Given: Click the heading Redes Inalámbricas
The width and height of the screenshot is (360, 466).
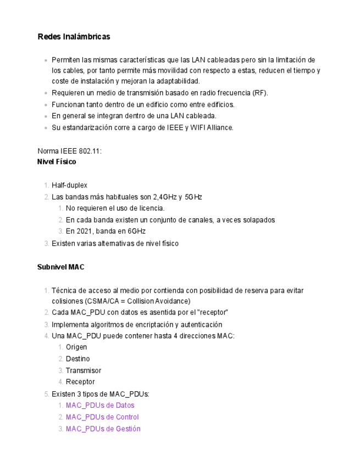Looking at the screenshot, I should pos(74,37).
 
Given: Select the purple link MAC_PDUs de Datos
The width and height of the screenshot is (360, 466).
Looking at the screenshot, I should pos(100,406).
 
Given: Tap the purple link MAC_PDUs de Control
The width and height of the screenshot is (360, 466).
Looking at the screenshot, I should pos(102,417).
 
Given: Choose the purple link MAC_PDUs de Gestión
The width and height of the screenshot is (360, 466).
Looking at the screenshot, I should pos(103,429).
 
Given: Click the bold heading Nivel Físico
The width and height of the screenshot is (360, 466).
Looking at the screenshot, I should pos(57,162).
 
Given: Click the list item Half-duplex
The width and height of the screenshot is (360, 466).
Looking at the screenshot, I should pos(69,185).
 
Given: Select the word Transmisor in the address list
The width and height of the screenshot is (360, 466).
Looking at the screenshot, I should pos(84,370).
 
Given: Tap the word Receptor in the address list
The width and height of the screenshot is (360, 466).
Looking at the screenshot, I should pos(80,382).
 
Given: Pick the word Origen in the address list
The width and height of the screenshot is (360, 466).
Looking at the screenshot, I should pos(76,347).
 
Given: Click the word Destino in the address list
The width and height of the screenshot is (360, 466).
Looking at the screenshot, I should pos(77,359).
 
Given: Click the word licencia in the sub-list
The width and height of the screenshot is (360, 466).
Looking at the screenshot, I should pos(152,208).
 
